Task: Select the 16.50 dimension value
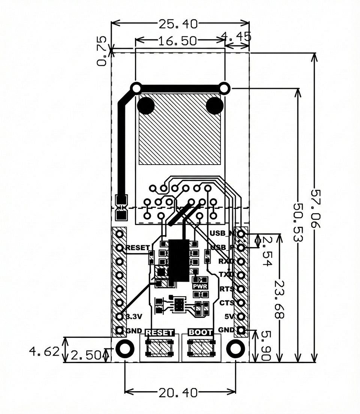[x=177, y=41]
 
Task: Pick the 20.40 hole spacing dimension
[x=178, y=393]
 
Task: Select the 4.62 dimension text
[x=44, y=352]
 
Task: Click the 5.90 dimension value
[x=265, y=346]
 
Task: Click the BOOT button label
[x=200, y=332]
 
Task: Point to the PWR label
[x=200, y=286]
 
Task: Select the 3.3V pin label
[x=134, y=316]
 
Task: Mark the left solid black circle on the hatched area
[x=145, y=106]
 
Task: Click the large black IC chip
[x=178, y=261]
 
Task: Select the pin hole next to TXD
[x=241, y=275]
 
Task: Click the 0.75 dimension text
[x=101, y=51]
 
